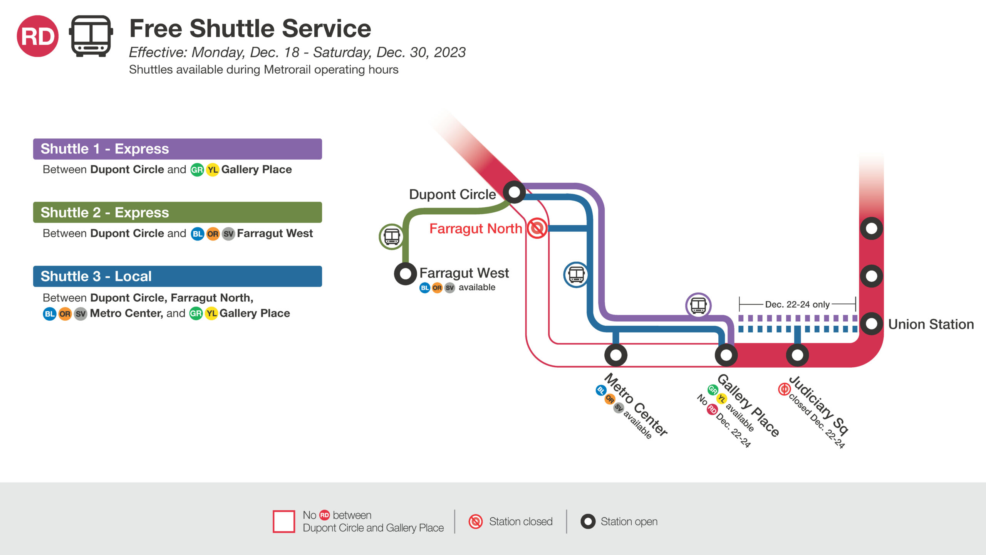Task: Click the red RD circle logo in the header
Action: pos(38,36)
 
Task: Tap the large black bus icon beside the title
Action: pos(91,36)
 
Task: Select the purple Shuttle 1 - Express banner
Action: pos(178,149)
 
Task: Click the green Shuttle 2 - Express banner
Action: pos(178,212)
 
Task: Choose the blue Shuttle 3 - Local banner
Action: pos(178,276)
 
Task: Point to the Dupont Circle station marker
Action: pos(514,192)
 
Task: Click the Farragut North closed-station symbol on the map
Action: pos(537,228)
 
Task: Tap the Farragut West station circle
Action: pos(405,274)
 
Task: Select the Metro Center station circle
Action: pos(615,355)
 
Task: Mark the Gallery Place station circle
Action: pos(726,355)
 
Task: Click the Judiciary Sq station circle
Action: pos(797,355)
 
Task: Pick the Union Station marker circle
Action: pos(871,324)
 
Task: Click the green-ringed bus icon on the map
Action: pos(392,237)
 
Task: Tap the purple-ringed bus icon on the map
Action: pos(698,306)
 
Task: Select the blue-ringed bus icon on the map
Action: pos(576,275)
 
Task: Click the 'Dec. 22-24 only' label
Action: pos(797,304)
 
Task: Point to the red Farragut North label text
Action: pos(476,229)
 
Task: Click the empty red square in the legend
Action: pos(284,521)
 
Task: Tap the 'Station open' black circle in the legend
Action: pos(588,521)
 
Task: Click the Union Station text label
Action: pos(931,324)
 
